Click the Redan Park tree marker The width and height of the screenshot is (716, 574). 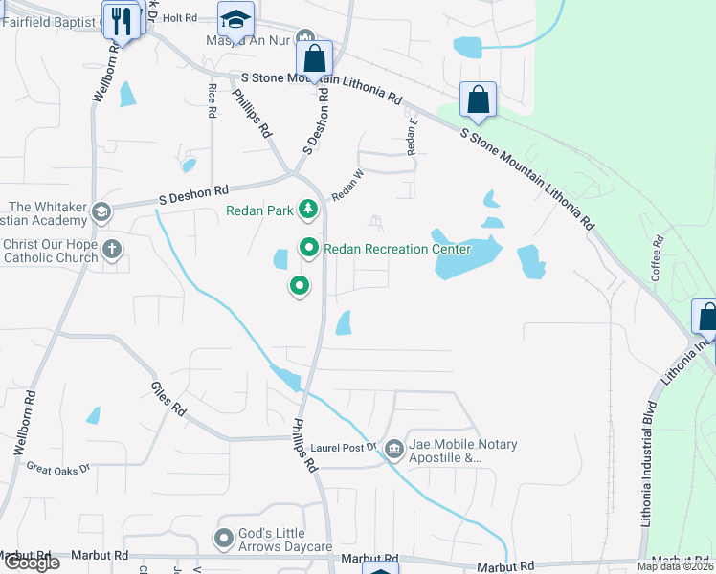[x=308, y=209]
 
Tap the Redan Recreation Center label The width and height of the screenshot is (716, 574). [x=397, y=249]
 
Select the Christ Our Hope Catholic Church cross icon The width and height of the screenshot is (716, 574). [x=112, y=251]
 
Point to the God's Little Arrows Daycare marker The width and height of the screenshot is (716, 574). [x=225, y=539]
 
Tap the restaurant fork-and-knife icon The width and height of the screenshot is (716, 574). [x=121, y=21]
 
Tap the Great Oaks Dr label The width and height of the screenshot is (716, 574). [x=57, y=469]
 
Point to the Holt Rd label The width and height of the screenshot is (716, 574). [x=179, y=16]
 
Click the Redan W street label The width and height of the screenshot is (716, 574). [x=348, y=185]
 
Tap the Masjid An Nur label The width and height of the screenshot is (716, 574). [x=247, y=41]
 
